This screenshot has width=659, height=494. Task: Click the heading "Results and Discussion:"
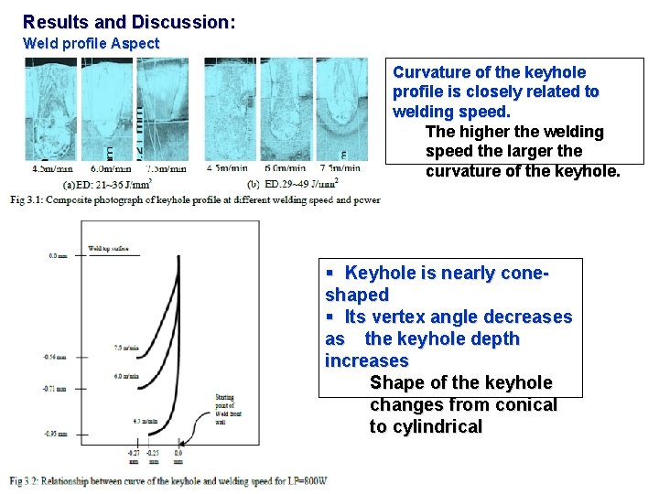click(128, 21)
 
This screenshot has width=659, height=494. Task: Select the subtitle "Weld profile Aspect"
click(91, 43)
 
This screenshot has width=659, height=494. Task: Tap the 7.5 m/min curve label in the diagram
click(126, 348)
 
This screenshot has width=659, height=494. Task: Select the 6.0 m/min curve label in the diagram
click(126, 376)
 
